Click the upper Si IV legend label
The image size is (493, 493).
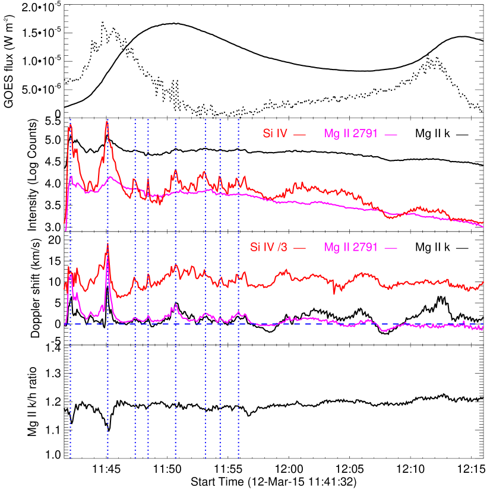(x=275, y=134)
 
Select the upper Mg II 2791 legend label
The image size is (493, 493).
(x=351, y=134)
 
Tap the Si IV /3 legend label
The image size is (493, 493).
(x=268, y=247)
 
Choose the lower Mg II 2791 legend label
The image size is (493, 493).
(x=351, y=247)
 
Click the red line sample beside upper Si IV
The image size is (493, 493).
(x=300, y=135)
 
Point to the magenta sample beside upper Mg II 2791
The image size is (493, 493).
(x=390, y=135)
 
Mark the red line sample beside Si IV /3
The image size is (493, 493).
(x=300, y=248)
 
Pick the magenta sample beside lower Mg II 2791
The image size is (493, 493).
(x=390, y=248)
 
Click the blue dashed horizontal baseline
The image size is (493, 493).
(x=356, y=324)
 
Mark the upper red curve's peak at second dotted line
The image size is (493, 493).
(x=107, y=122)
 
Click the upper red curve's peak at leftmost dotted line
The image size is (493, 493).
(x=70, y=125)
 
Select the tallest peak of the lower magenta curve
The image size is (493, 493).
(x=108, y=258)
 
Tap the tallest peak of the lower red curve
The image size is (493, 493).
(x=108, y=245)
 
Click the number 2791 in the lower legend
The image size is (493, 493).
(x=365, y=247)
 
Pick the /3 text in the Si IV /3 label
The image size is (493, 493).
(x=282, y=247)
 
